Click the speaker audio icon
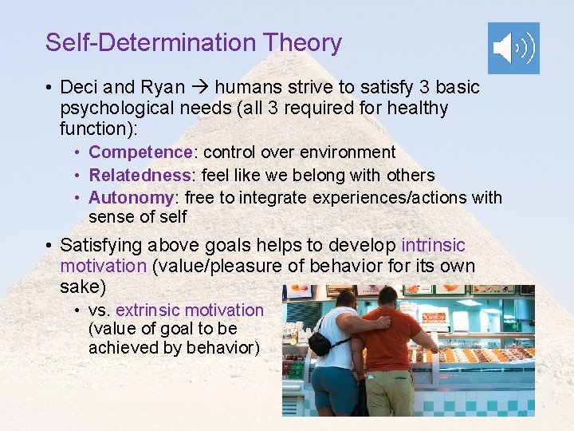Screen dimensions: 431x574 tap(513, 48)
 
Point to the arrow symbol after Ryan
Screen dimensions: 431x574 tap(200, 86)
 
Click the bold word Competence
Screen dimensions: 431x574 tap(140, 152)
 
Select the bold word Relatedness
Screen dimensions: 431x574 tap(140, 175)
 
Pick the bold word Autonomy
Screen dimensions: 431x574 tap(131, 197)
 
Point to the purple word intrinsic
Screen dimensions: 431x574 tap(433, 245)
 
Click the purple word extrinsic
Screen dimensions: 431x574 tap(149, 310)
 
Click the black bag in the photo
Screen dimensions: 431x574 tap(320, 344)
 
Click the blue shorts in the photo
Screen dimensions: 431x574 tap(332, 387)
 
